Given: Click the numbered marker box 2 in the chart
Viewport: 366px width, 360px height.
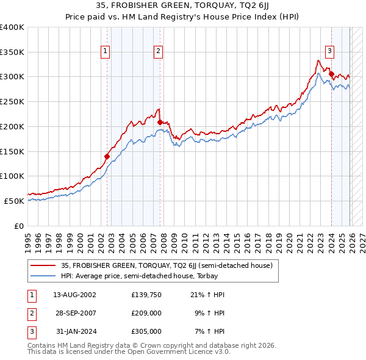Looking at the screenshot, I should pyautogui.click(x=158, y=52).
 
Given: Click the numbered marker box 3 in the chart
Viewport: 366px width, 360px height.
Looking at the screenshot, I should pyautogui.click(x=329, y=52).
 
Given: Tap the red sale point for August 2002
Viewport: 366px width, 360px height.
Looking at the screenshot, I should pyautogui.click(x=107, y=156).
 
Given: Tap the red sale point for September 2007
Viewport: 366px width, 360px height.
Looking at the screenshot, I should pyautogui.click(x=160, y=122).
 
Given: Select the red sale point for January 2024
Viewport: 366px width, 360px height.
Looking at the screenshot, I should pyautogui.click(x=331, y=74).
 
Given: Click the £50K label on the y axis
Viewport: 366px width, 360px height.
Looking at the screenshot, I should pyautogui.click(x=14, y=201).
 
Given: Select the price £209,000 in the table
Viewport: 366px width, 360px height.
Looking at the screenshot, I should pyautogui.click(x=146, y=313).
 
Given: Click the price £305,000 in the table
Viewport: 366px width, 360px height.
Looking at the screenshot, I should pyautogui.click(x=146, y=331).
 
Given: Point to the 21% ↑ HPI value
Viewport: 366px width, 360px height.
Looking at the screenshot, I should pyautogui.click(x=207, y=295).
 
